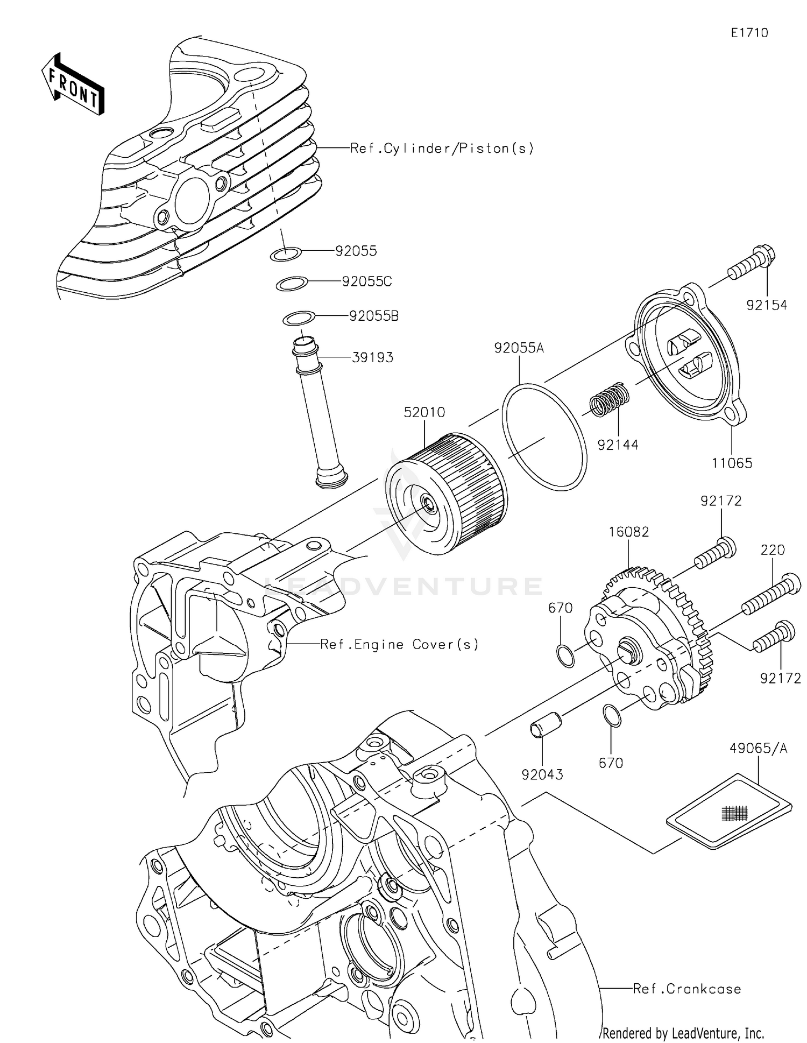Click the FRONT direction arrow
[x=73, y=84]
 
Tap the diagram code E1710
[x=749, y=33]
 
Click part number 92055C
[x=367, y=281]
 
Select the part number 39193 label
[x=372, y=357]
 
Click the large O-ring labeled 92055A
[x=544, y=436]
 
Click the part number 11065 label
[x=732, y=463]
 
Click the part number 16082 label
[x=628, y=532]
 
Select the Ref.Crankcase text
[x=686, y=989]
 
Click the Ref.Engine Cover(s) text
[x=399, y=644]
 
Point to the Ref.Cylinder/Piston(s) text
[x=442, y=148]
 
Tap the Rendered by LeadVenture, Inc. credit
[x=683, y=1033]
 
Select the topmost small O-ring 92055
[x=285, y=254]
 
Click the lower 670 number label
[x=611, y=763]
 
